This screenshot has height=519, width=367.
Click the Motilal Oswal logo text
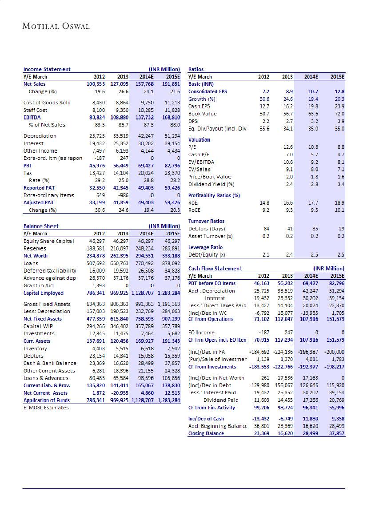[x=56, y=26]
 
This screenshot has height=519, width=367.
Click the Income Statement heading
[x=47, y=69]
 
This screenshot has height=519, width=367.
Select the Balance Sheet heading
[x=41, y=226]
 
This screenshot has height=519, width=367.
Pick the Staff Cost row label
[x=35, y=110]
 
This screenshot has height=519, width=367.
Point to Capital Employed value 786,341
[x=98, y=293]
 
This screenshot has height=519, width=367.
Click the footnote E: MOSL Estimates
[x=46, y=408]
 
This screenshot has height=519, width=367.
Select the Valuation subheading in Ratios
[x=199, y=139]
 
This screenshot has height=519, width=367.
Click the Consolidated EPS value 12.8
[x=340, y=91]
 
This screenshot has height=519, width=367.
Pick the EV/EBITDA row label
[x=201, y=162]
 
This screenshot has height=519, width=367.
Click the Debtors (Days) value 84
[x=266, y=229]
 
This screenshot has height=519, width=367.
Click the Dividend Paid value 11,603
[x=261, y=400]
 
